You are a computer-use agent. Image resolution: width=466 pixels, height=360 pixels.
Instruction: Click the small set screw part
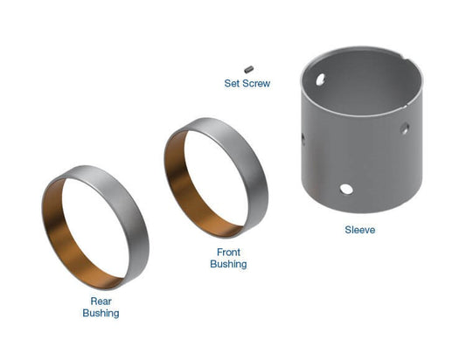pos(249,66)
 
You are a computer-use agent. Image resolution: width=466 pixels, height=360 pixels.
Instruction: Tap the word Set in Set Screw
pos(233,84)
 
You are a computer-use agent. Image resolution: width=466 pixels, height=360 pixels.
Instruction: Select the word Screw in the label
pos(257,84)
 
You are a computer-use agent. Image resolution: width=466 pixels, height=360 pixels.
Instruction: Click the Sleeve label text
pos(360,231)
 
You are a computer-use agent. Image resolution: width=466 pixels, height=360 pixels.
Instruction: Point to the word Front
pos(227,252)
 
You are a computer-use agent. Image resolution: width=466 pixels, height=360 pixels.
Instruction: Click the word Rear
pos(101,301)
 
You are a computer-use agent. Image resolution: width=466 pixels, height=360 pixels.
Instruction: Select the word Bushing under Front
pos(228,264)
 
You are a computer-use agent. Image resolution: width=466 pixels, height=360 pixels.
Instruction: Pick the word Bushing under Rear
pos(101,313)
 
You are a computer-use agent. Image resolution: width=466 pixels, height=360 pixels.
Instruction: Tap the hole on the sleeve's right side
pos(405,128)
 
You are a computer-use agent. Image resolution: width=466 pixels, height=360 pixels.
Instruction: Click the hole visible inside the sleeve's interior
pos(320,79)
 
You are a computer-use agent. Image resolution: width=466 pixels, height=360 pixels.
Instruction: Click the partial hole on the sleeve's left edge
pos(303,137)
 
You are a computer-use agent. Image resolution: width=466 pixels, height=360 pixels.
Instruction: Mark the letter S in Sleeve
pos(346,231)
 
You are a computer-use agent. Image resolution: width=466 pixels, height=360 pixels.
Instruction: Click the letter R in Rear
pos(92,301)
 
